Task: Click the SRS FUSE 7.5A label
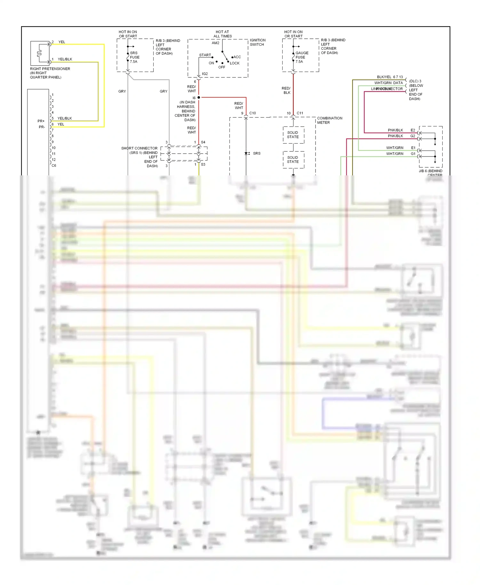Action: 134,57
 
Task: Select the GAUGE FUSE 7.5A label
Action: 301,57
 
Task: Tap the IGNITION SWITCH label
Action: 257,42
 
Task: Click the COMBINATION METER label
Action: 329,120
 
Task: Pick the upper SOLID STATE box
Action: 293,135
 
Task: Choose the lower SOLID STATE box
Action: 293,160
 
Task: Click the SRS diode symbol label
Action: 257,154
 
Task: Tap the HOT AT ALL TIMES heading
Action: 222,34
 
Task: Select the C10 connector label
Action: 252,113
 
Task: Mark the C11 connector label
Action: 300,113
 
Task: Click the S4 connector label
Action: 203,142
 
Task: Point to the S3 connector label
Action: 203,164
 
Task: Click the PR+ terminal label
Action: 41,121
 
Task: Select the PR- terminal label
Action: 42,127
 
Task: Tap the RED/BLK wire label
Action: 286,91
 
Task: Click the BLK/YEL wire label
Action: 384,77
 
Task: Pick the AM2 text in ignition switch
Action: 215,43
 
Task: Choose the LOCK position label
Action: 235,63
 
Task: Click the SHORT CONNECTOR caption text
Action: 139,148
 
